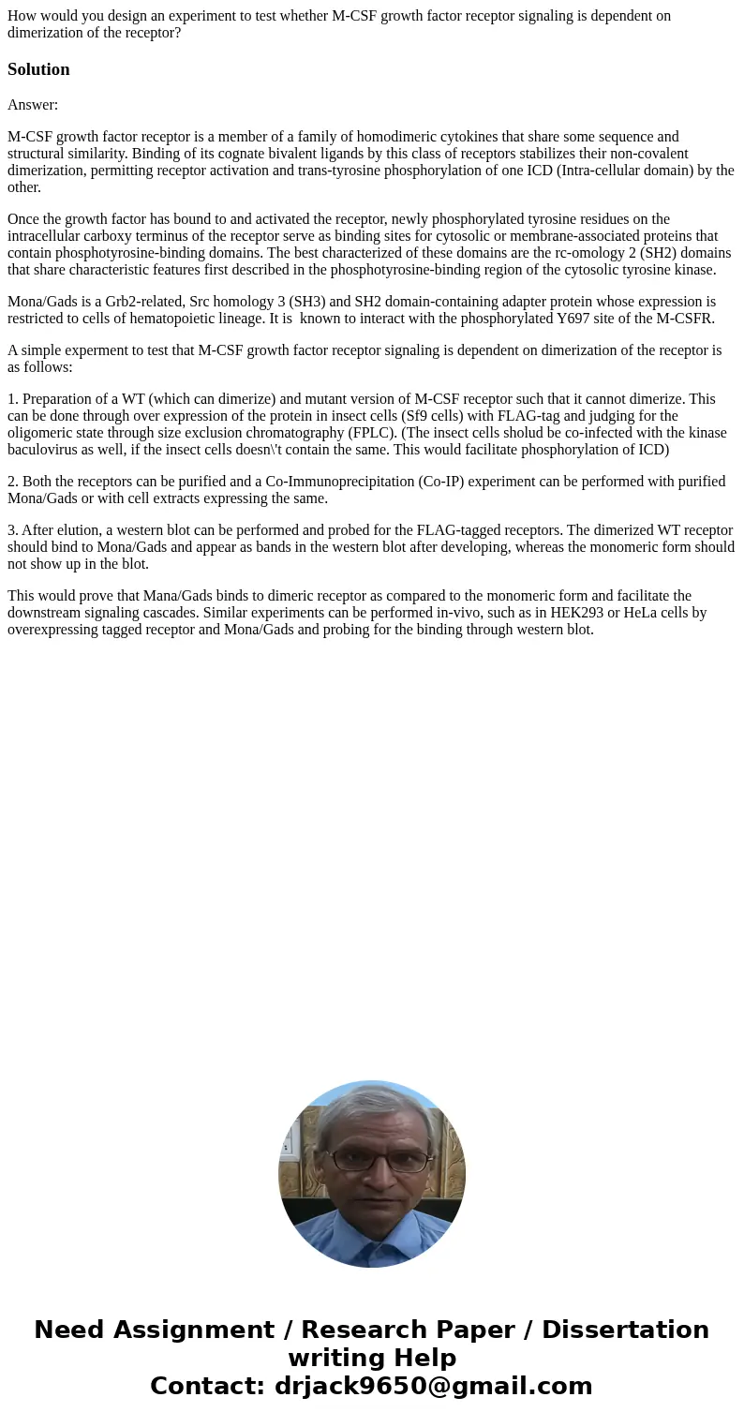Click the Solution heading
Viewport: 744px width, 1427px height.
click(38, 69)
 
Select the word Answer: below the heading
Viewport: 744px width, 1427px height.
click(33, 105)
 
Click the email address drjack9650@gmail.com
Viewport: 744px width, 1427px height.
click(433, 1386)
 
